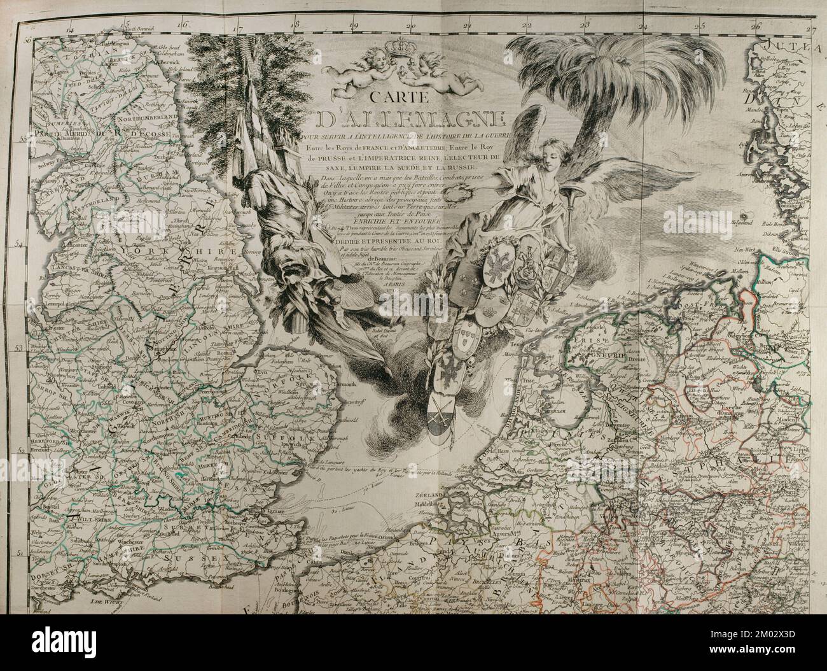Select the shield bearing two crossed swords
(438, 418)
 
